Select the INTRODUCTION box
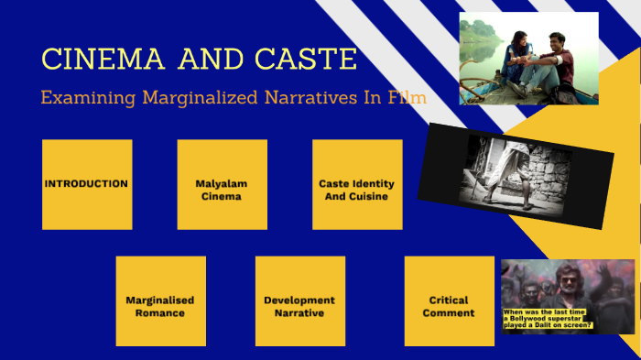87,184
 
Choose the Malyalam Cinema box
222,184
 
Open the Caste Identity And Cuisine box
357,184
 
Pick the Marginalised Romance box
160,300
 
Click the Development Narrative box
299,300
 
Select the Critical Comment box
450,300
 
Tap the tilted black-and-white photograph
516,175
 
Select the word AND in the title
212,60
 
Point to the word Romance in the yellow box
160,312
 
